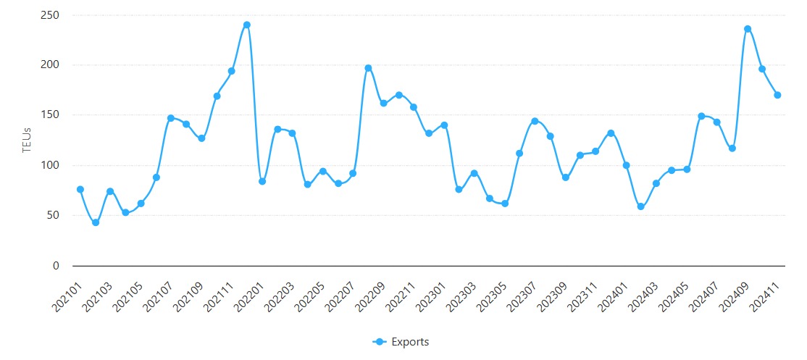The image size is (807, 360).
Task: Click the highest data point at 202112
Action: coord(246,25)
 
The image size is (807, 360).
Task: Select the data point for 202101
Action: coord(80,189)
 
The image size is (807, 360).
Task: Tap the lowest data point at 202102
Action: coord(95,222)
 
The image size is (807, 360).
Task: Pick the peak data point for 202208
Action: coord(368,68)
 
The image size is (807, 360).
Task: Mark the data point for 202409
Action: coord(748,29)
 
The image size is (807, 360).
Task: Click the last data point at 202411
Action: coord(777,95)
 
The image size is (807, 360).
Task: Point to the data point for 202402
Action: coord(641,206)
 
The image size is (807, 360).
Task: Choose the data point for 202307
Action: coord(535,121)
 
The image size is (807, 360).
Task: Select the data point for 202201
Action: coord(262,181)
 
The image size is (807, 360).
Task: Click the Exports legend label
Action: coord(410,342)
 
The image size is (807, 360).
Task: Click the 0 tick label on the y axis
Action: coord(56,266)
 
